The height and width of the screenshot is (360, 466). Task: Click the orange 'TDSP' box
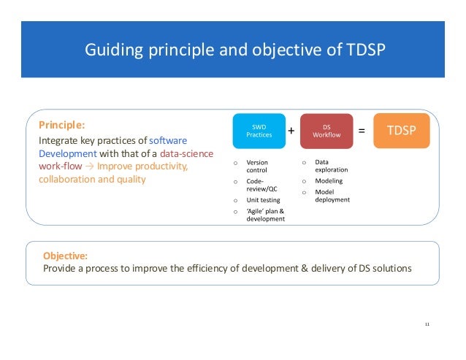coord(400,131)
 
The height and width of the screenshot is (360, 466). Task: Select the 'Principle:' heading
coord(61,124)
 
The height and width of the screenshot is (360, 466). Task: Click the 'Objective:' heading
coord(65,256)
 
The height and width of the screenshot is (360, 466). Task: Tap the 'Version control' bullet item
coord(257,166)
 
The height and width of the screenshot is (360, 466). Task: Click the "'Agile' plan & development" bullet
coord(264,215)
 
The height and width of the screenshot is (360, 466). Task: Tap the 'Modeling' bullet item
coord(328,180)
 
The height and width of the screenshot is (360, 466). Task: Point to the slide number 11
coord(427,323)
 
